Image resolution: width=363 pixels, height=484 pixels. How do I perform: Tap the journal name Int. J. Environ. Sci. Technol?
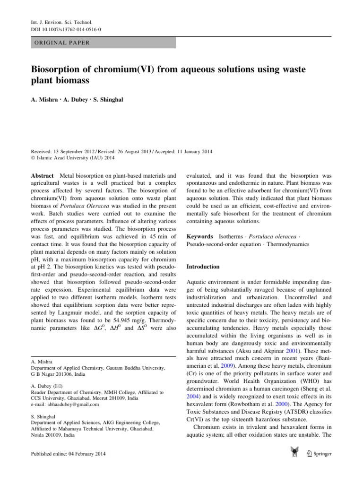point(55,22)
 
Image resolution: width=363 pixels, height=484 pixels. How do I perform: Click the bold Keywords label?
point(200,235)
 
